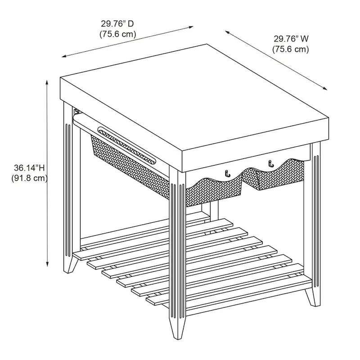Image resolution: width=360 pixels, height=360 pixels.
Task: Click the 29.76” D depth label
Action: click(117, 23)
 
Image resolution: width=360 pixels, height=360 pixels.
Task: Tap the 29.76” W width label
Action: click(291, 39)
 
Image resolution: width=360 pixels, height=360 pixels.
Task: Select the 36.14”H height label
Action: click(29, 168)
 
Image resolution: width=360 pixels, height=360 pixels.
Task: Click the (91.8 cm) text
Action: click(30, 178)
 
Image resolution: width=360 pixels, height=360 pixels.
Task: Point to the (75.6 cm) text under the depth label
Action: click(117, 34)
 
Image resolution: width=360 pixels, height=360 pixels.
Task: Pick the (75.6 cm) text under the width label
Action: click(290, 49)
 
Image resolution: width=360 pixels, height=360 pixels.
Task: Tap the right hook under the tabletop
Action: click(271, 164)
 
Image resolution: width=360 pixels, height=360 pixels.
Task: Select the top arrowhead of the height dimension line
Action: click(47, 82)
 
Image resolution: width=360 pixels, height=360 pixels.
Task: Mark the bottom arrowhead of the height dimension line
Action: click(47, 264)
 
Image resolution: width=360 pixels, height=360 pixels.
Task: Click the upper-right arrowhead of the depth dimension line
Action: click(190, 27)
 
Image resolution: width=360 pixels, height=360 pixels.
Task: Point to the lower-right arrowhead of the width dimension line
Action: click(324, 89)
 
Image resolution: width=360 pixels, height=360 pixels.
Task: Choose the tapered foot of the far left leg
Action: click(70, 264)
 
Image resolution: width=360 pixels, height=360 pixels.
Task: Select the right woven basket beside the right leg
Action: click(273, 175)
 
